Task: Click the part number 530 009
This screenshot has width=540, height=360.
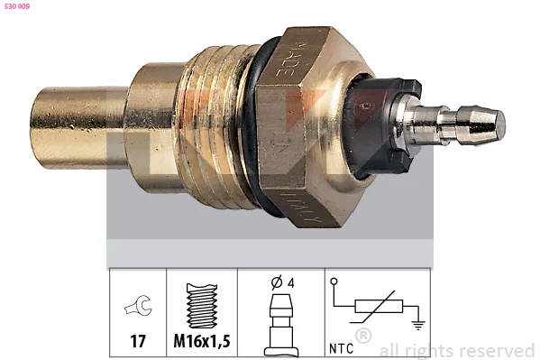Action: coord(17,6)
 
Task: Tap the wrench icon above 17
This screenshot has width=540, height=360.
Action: coord(138,305)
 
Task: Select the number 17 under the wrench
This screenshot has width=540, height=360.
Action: coord(138,341)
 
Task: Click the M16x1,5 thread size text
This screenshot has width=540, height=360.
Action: coord(202,341)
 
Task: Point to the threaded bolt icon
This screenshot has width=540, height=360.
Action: coord(202,306)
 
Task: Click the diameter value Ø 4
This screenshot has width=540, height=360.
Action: coord(283,282)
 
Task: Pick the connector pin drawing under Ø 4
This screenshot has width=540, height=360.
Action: coord(281,324)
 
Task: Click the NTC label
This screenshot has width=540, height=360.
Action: coord(341,348)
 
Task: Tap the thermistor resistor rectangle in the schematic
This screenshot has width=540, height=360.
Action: coord(379,306)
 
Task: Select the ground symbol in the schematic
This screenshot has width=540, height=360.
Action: coord(418,325)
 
